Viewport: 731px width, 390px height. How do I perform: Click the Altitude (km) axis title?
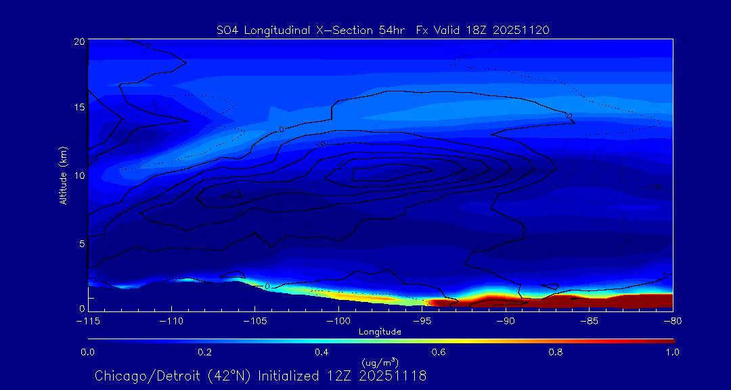coord(63,175)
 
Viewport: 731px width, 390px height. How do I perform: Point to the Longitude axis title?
coord(380,332)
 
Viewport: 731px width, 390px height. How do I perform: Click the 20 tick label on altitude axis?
coord(79,41)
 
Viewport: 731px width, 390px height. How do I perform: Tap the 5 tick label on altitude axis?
coord(81,242)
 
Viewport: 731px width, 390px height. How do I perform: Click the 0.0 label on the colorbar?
coord(87,352)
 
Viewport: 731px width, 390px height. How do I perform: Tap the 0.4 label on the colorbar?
coord(322,352)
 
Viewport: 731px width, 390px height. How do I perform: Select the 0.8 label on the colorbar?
coord(556,352)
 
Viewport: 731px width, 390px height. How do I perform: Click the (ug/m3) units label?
coord(380,363)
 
